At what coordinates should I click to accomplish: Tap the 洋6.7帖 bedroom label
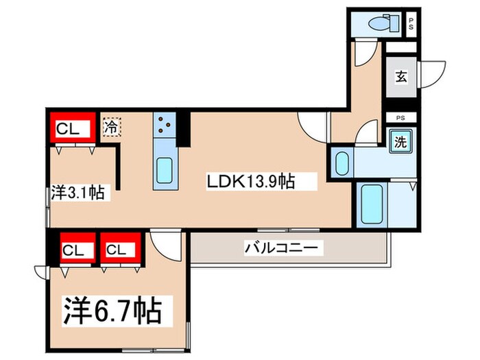(x=113, y=311)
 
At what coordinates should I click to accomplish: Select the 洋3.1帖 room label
(x=78, y=193)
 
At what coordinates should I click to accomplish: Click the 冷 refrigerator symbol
(x=111, y=127)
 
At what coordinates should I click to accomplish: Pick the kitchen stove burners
(x=165, y=125)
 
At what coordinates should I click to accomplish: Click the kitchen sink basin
(x=165, y=169)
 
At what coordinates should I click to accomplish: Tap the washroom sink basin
(x=342, y=164)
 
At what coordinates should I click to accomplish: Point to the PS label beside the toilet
(x=411, y=23)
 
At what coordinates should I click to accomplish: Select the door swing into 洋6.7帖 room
(x=164, y=241)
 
